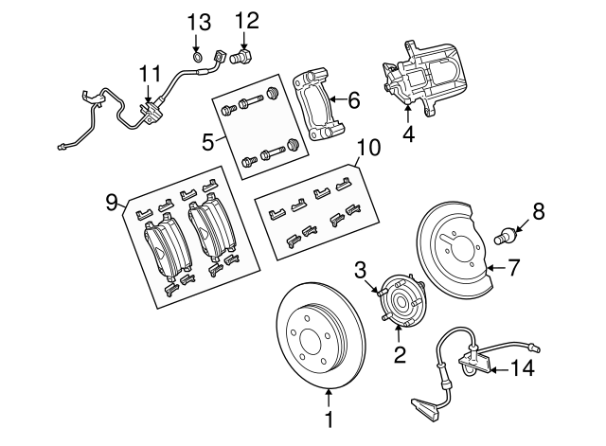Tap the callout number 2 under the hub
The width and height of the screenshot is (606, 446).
click(400, 355)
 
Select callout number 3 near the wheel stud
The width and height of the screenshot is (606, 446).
click(362, 269)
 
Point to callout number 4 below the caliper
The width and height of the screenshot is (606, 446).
click(408, 135)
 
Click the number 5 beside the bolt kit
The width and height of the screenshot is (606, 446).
click(206, 143)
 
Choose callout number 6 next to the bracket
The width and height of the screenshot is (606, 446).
click(354, 98)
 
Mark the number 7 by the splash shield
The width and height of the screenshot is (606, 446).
click(514, 267)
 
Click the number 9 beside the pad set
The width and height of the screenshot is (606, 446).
click(112, 201)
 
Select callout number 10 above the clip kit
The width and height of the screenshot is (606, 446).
click(369, 148)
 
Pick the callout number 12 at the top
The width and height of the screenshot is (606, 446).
click(245, 19)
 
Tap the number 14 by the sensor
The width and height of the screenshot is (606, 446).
click(522, 368)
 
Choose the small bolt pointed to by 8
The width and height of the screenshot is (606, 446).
click(508, 233)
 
